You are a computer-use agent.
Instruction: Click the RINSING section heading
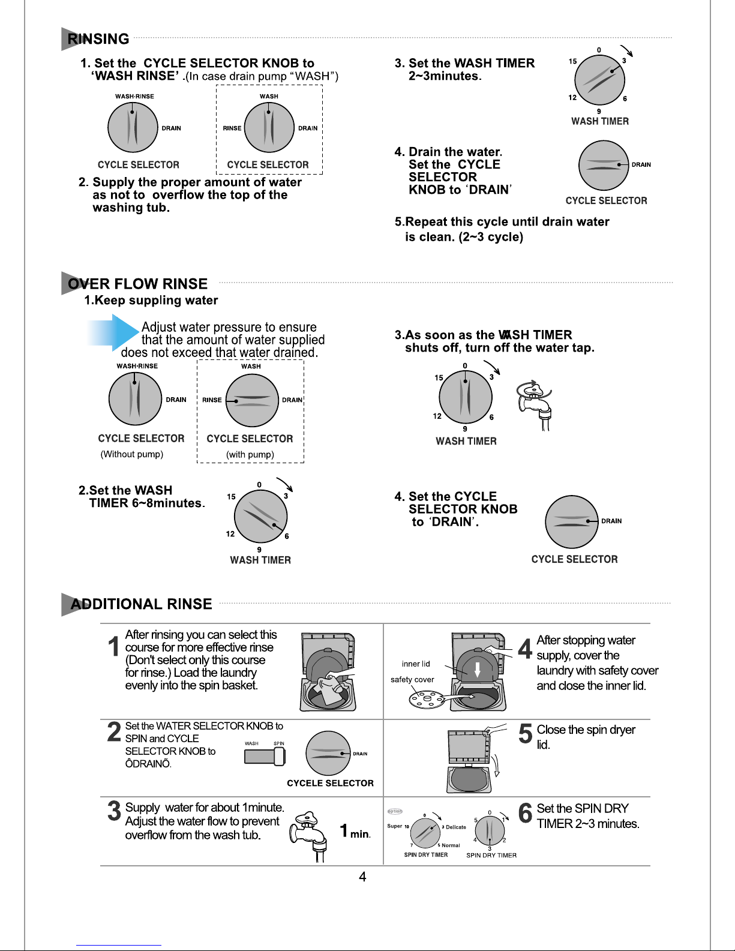click(98, 39)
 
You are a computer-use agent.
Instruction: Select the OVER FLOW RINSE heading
click(137, 284)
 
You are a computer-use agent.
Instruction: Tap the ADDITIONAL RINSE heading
click(141, 604)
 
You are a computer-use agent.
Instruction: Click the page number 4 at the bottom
click(362, 877)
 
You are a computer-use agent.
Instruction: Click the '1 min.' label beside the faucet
click(355, 831)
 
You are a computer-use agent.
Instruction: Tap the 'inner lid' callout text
click(416, 664)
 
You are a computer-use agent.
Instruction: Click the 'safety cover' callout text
click(412, 680)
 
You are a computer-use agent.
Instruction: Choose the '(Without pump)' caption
click(132, 454)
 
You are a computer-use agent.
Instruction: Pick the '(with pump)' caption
click(250, 454)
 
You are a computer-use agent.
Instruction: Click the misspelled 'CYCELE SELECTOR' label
click(330, 783)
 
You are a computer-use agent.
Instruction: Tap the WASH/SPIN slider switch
click(265, 756)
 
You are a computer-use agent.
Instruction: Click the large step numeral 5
click(525, 734)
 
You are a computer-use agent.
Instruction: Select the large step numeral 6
click(525, 813)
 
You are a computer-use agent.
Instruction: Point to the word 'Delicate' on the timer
click(456, 827)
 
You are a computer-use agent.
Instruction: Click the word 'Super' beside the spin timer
click(395, 826)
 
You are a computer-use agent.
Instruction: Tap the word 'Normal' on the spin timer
click(451, 845)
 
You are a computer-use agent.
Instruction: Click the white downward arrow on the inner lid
click(477, 669)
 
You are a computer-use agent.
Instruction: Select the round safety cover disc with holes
click(425, 698)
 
